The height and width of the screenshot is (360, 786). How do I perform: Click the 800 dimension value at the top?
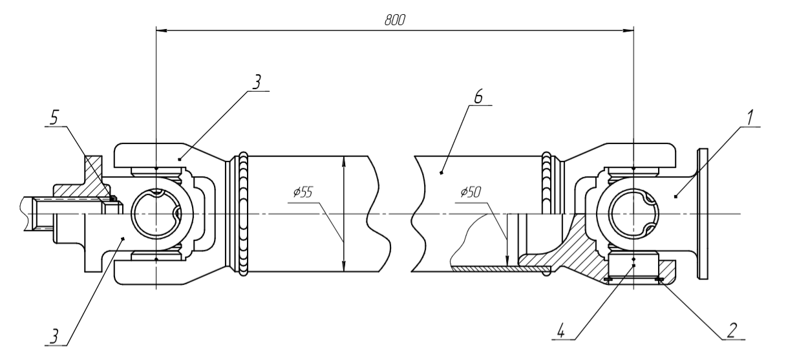pyautogui.click(x=395, y=20)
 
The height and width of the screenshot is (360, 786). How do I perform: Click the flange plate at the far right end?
pyautogui.click(x=702, y=214)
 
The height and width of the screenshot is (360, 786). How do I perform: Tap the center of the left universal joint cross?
pyautogui.click(x=157, y=214)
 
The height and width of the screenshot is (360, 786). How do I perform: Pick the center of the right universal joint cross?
pyautogui.click(x=633, y=214)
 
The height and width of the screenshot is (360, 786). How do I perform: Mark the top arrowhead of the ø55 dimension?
pyautogui.click(x=343, y=161)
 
